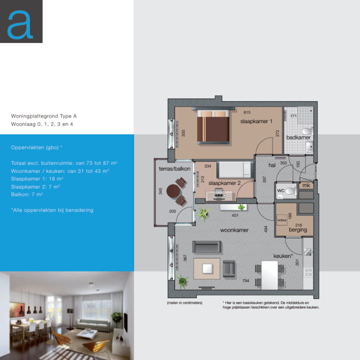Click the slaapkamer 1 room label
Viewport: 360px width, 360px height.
[256, 121]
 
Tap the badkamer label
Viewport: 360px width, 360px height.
[298, 138]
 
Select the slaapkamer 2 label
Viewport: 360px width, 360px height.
[225, 183]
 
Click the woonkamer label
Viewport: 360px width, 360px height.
[234, 230]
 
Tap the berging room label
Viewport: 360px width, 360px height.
[298, 230]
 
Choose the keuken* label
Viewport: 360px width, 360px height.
[283, 256]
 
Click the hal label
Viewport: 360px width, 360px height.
[272, 165]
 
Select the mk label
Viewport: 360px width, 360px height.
[306, 186]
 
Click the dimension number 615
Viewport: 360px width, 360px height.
[247, 112]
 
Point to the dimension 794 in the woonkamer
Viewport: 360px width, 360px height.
[246, 281]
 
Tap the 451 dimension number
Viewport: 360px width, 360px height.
[235, 216]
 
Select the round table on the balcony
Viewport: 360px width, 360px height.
[174, 191]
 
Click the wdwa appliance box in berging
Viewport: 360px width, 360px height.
[282, 220]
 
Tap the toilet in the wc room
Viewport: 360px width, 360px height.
[289, 191]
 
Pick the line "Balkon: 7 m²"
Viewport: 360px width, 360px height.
[27, 194]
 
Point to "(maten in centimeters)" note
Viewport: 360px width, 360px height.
[185, 303]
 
